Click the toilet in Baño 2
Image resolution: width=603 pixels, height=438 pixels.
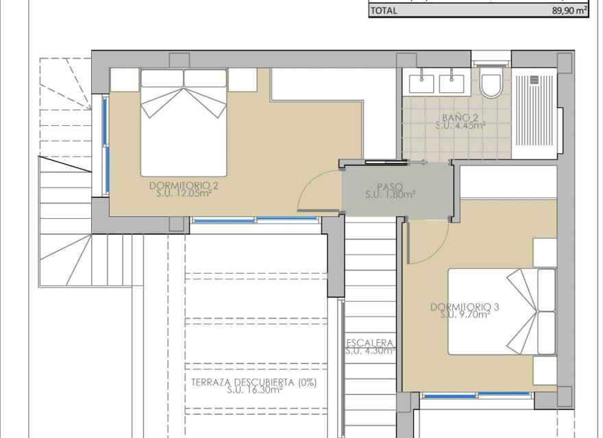click(x=491, y=85)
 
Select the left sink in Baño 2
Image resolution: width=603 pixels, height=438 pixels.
click(x=421, y=83)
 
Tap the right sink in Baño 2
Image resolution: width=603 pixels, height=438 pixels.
click(x=452, y=83)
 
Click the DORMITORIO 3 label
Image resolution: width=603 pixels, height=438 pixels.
click(x=465, y=307)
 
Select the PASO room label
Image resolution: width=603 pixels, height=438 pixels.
click(x=389, y=186)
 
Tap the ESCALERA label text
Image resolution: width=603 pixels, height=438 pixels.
click(x=370, y=343)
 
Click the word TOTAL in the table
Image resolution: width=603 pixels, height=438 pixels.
click(x=384, y=11)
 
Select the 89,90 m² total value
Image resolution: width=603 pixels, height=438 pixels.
click(x=569, y=11)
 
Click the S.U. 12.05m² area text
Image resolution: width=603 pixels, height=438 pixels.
click(x=183, y=194)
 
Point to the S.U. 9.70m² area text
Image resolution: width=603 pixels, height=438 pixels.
click(x=465, y=315)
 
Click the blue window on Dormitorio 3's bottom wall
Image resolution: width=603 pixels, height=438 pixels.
click(x=476, y=395)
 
